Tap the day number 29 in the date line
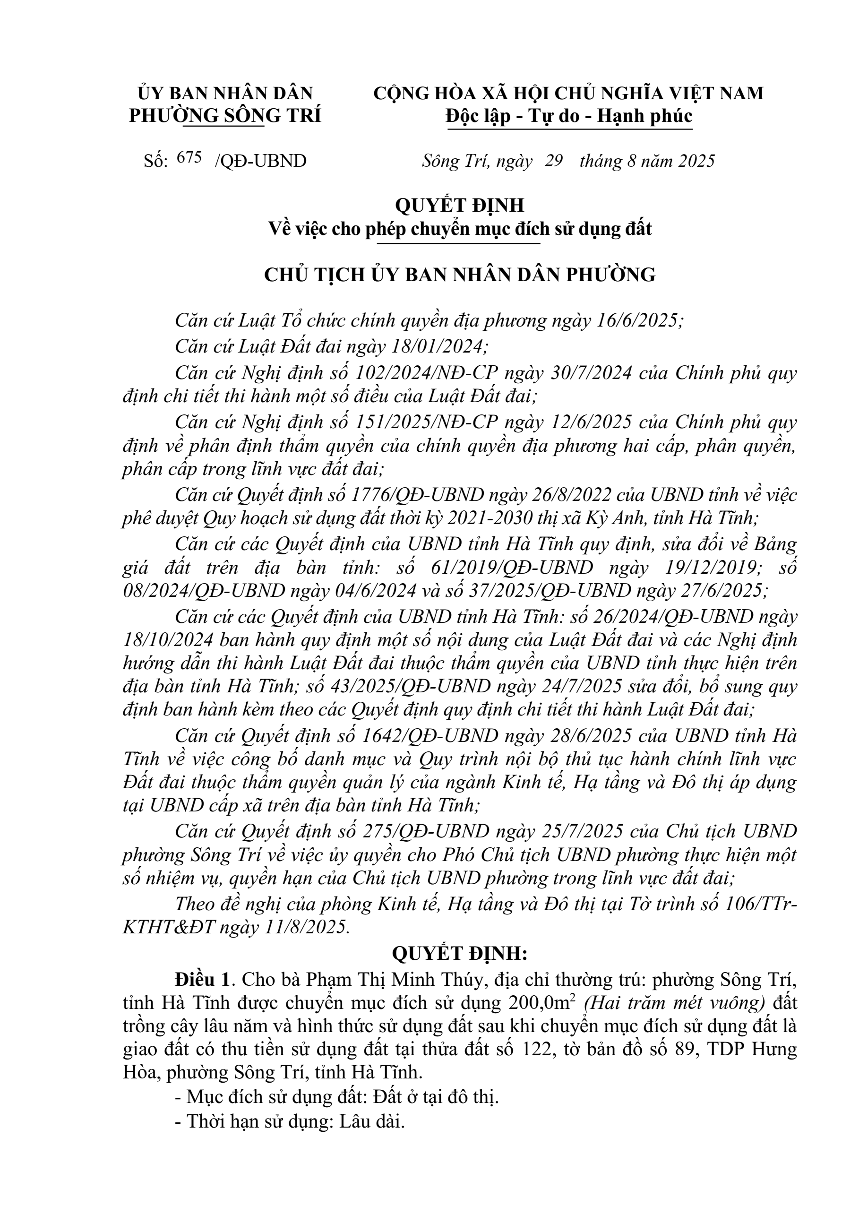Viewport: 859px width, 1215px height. coord(554,160)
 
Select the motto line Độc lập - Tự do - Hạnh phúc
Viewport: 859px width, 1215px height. coord(568,116)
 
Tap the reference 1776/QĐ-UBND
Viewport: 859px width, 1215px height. coord(418,495)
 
